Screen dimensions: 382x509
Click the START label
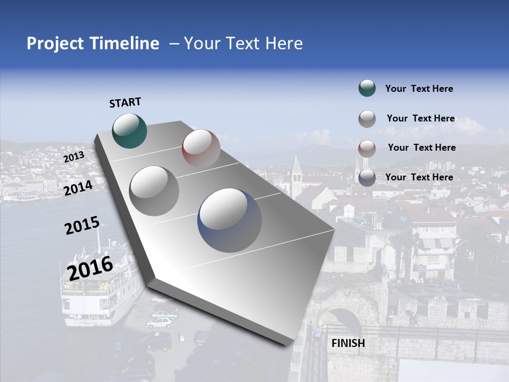pyautogui.click(x=125, y=102)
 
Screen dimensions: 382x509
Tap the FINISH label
pyautogui.click(x=348, y=343)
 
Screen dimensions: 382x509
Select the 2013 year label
pyautogui.click(x=74, y=157)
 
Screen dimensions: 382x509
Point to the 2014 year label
pyautogui.click(x=78, y=188)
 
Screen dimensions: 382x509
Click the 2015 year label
pyautogui.click(x=82, y=225)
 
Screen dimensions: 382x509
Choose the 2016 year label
pyautogui.click(x=90, y=268)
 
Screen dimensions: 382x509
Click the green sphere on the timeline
pyautogui.click(x=129, y=131)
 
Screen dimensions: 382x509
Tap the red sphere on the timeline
pyautogui.click(x=201, y=148)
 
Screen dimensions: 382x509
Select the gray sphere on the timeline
pyautogui.click(x=154, y=190)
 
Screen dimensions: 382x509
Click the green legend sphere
pyautogui.click(x=367, y=89)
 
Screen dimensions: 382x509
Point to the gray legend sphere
pyautogui.click(x=367, y=119)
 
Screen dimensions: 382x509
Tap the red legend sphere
pyautogui.click(x=367, y=148)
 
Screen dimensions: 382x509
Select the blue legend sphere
pyautogui.click(x=367, y=177)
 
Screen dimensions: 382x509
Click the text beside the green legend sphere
pyautogui.click(x=419, y=89)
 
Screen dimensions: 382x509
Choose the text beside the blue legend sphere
pyautogui.click(x=419, y=177)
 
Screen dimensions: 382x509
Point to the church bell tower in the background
pyautogui.click(x=296, y=175)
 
